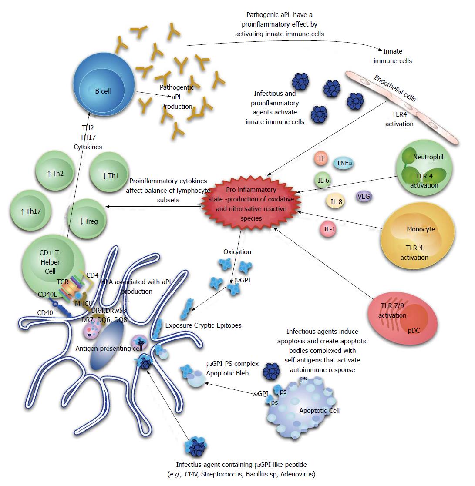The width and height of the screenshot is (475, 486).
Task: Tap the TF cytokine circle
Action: pos(321,158)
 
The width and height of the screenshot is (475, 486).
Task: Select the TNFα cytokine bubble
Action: pos(344,163)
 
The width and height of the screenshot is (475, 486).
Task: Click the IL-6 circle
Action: pos(323,180)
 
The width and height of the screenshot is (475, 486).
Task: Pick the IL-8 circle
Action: pos(336,201)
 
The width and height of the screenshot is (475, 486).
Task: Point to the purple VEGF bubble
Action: pos(365,197)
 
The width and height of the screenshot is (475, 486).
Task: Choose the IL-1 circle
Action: pos(329,229)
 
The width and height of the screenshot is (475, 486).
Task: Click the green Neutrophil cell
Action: pos(424,168)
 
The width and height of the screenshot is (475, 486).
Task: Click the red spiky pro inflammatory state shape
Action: pos(251,203)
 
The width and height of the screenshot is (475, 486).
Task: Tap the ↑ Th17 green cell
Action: pos(30,211)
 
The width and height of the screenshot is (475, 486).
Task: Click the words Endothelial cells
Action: pos(394,88)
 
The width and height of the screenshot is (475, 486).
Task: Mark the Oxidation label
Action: pos(237,251)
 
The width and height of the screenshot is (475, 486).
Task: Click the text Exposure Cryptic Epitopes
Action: pos(203,325)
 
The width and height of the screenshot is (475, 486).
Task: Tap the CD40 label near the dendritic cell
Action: pos(45,312)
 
